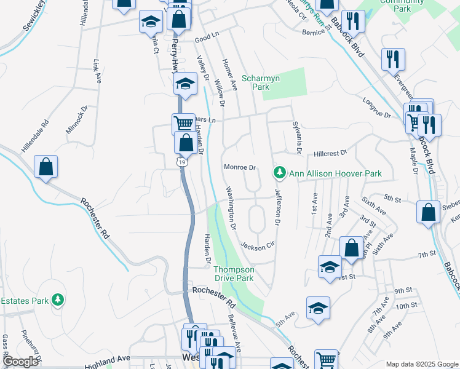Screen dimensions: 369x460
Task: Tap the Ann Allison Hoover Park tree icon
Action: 280,173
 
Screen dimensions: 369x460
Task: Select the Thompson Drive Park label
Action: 234,274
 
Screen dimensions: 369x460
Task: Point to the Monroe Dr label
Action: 239,167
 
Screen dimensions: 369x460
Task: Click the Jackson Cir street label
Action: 256,246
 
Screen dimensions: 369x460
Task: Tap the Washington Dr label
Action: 231,207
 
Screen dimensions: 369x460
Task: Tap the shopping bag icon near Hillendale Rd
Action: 46,167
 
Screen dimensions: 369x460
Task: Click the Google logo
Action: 21,362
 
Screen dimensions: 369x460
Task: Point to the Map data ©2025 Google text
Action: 421,364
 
